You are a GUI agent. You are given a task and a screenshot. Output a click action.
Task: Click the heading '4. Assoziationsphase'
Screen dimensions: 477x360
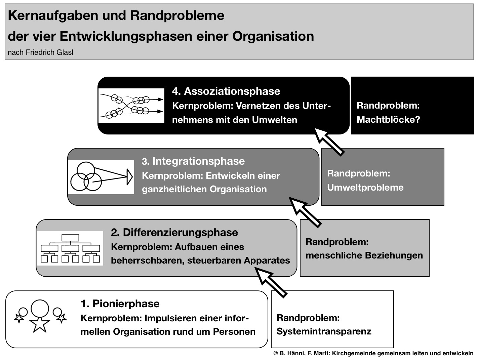coord(226,91)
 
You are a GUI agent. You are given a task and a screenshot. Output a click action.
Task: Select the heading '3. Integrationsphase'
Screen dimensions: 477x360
coord(193,161)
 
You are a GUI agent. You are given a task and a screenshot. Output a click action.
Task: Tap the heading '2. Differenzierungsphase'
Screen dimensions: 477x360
coord(174,233)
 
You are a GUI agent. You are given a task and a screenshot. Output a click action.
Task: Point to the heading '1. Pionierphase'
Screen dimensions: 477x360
coord(120,304)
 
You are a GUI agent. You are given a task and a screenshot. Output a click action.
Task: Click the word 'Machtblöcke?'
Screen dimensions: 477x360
coord(388,119)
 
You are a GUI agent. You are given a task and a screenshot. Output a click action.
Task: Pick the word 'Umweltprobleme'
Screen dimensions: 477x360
coord(365,188)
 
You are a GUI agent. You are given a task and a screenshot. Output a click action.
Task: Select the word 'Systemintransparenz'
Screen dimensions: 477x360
coord(324,331)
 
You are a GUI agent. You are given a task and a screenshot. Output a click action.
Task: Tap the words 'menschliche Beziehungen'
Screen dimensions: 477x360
coord(364,255)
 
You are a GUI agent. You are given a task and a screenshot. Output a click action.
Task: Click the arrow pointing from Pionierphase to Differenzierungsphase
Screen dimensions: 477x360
coord(271,282)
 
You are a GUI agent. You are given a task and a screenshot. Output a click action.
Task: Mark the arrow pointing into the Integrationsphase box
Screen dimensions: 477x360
coord(305,212)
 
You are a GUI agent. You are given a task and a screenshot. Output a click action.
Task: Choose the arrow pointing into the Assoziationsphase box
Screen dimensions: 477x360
coord(329,142)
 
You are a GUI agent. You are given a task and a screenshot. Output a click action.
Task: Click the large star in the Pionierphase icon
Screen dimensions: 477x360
coord(40,324)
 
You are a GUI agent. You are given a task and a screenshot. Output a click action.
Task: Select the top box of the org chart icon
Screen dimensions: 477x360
coord(70,238)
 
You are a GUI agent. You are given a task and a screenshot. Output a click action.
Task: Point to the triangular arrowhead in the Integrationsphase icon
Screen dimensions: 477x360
coord(130,176)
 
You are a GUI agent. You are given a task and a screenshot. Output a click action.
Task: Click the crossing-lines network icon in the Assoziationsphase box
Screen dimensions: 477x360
coord(131,106)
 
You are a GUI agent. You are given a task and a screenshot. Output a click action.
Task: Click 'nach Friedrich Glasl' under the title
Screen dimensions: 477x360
coord(40,52)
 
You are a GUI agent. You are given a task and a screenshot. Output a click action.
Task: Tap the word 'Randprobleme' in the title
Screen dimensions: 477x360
coord(177,16)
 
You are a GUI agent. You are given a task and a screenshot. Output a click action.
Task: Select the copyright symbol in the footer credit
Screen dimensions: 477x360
coord(276,354)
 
